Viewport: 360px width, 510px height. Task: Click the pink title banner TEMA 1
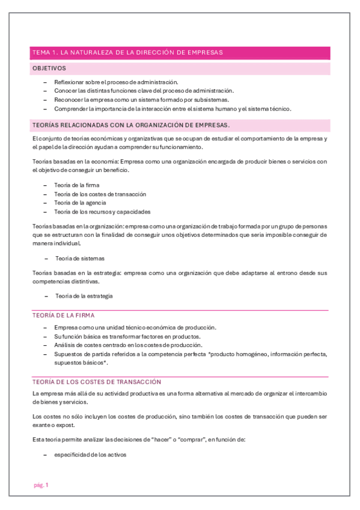[x=127, y=52]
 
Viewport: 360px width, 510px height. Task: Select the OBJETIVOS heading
[x=49, y=69]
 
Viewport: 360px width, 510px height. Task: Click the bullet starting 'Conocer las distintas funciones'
[x=144, y=91]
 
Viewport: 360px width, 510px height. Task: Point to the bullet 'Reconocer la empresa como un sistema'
[x=141, y=100]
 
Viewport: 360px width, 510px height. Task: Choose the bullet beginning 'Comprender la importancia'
[x=172, y=109]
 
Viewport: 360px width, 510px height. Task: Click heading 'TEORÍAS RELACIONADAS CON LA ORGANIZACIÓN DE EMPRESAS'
[x=130, y=125]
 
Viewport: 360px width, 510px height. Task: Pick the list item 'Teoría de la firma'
[x=76, y=185]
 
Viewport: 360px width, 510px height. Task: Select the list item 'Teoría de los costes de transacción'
[x=100, y=194]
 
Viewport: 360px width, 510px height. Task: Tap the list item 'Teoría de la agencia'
[x=80, y=203]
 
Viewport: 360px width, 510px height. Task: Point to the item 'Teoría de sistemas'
[x=80, y=258]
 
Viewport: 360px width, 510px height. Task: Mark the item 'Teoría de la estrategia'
[x=84, y=296]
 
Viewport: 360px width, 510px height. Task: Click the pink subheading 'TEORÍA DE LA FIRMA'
[x=63, y=315]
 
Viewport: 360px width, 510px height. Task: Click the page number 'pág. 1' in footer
[x=40, y=485]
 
